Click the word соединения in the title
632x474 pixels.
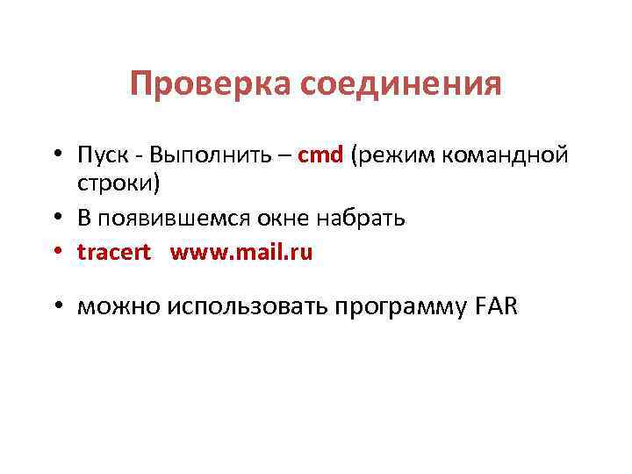401,85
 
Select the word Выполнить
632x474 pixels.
211,156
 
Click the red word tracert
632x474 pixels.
114,253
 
